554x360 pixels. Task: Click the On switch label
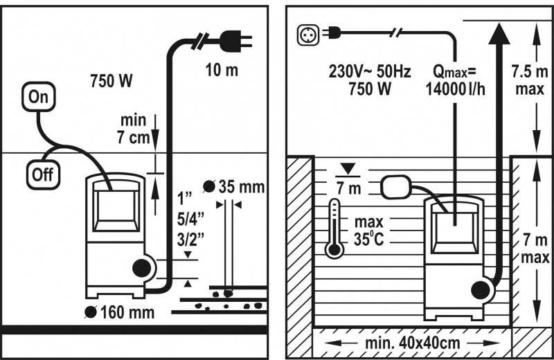click(x=39, y=96)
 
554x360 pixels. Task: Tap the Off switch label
click(x=43, y=174)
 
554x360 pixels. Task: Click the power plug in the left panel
click(x=235, y=41)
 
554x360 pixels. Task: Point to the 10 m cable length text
click(x=222, y=70)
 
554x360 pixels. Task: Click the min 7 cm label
click(x=134, y=129)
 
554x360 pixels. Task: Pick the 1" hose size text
click(x=184, y=199)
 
